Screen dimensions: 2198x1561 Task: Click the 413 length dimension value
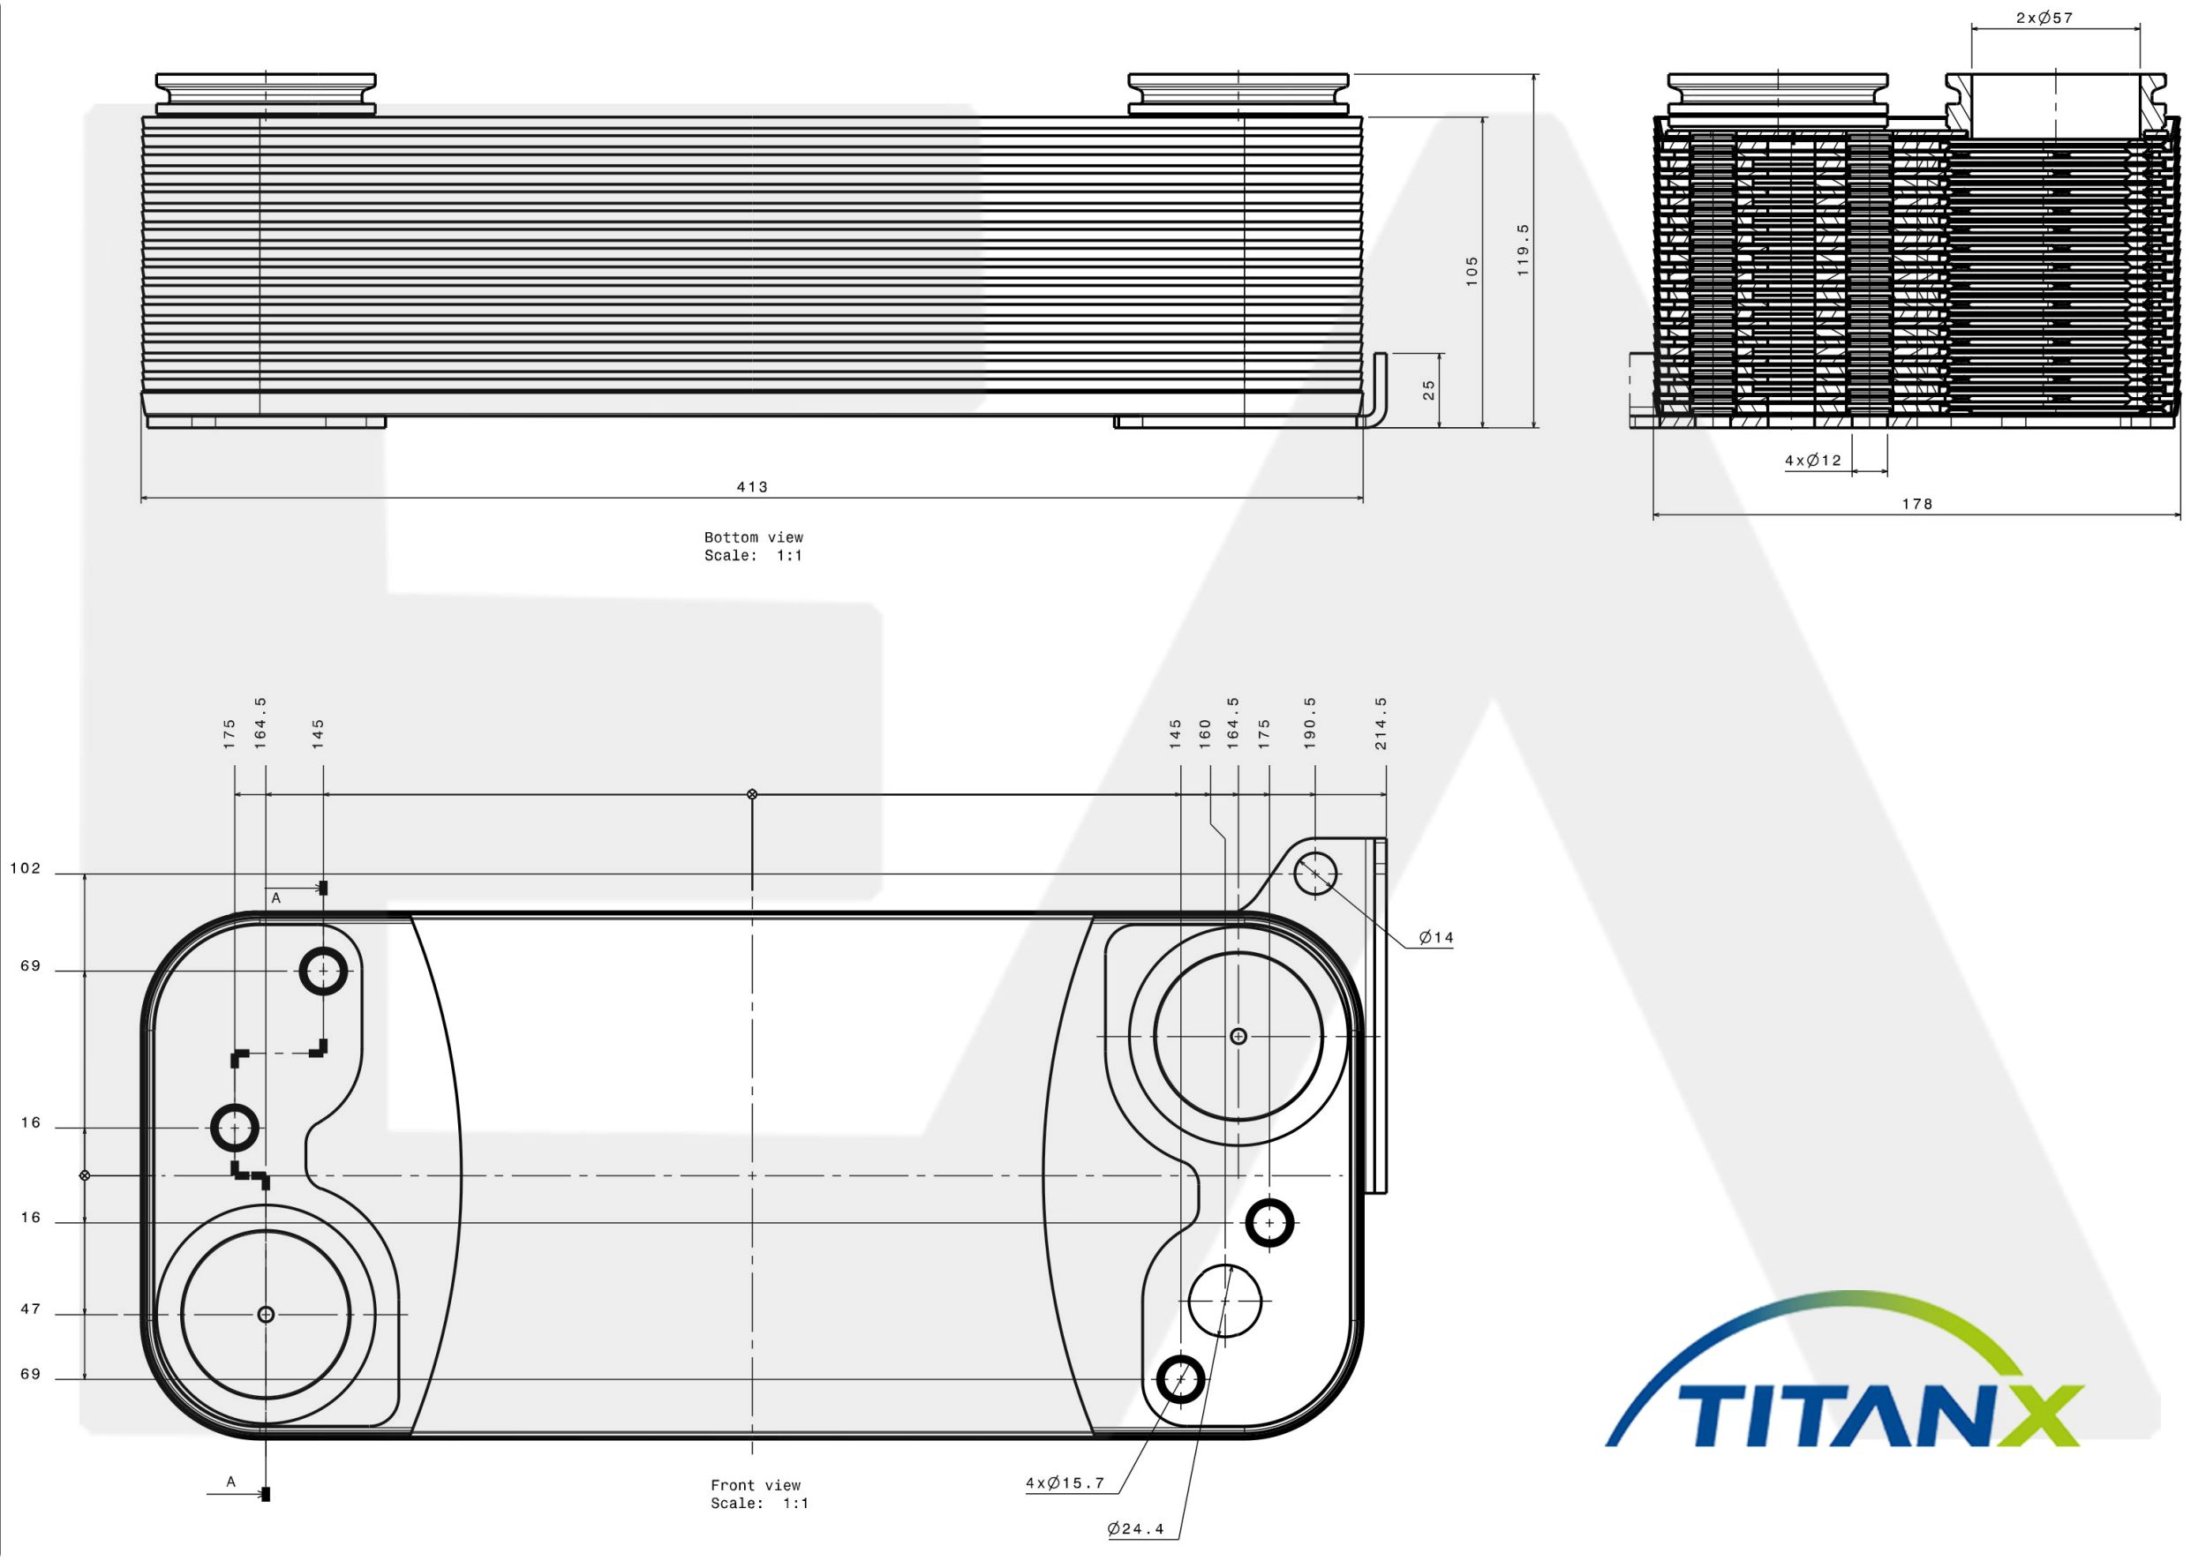coord(752,487)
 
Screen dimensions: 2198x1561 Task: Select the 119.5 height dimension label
coord(1522,250)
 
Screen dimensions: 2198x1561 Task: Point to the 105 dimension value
coord(1472,270)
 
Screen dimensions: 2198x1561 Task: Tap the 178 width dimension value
coord(1917,504)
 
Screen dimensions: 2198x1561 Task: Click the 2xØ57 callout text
coord(2044,18)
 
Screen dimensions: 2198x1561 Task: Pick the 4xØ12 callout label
coord(1813,461)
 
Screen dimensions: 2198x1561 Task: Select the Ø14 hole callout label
coord(1436,937)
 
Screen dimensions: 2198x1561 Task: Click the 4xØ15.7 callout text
coord(1065,1483)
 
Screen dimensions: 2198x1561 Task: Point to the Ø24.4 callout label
coord(1135,1529)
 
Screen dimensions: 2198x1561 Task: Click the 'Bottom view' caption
coord(753,537)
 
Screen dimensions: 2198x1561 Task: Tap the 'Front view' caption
coord(755,1485)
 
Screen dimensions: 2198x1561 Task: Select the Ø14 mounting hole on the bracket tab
coord(1315,874)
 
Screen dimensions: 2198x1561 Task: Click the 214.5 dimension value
coord(1381,724)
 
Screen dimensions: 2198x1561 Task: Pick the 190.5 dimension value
coord(1310,724)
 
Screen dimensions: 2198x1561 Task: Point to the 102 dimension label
coord(25,869)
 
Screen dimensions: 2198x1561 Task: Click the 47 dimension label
coord(31,1310)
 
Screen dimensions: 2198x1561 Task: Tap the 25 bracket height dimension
coord(1429,389)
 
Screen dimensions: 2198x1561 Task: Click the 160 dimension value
coord(1204,735)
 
